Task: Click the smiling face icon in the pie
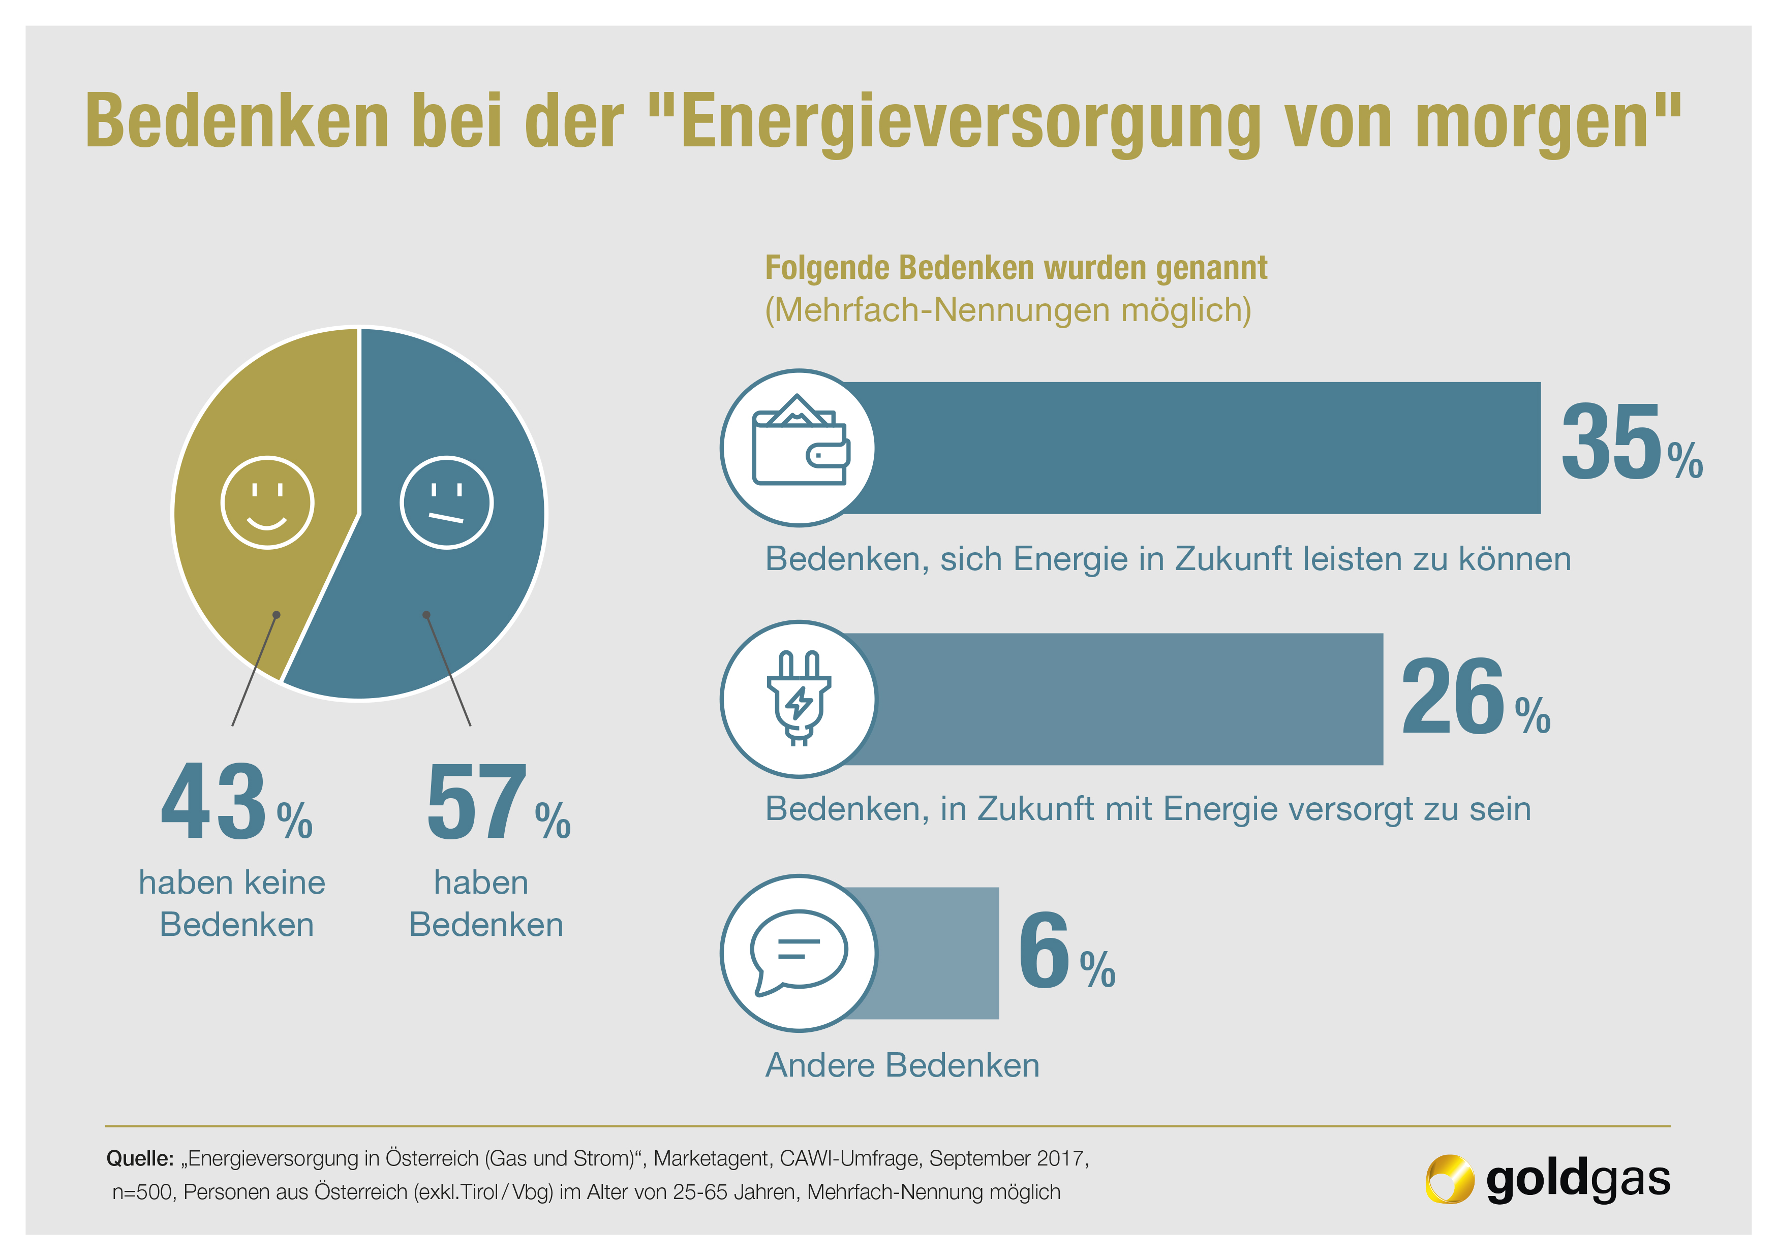pos(267,503)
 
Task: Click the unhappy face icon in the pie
pos(446,503)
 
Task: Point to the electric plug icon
pos(799,698)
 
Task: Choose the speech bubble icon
pos(799,953)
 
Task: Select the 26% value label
pos(1475,696)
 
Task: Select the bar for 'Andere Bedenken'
pos(931,953)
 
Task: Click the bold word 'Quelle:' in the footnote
pos(140,1158)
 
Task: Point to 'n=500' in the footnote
pos(143,1192)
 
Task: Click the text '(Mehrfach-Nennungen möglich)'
pos(1008,310)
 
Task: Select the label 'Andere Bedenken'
pos(902,1065)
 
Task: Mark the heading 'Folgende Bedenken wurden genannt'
pos(1016,268)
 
